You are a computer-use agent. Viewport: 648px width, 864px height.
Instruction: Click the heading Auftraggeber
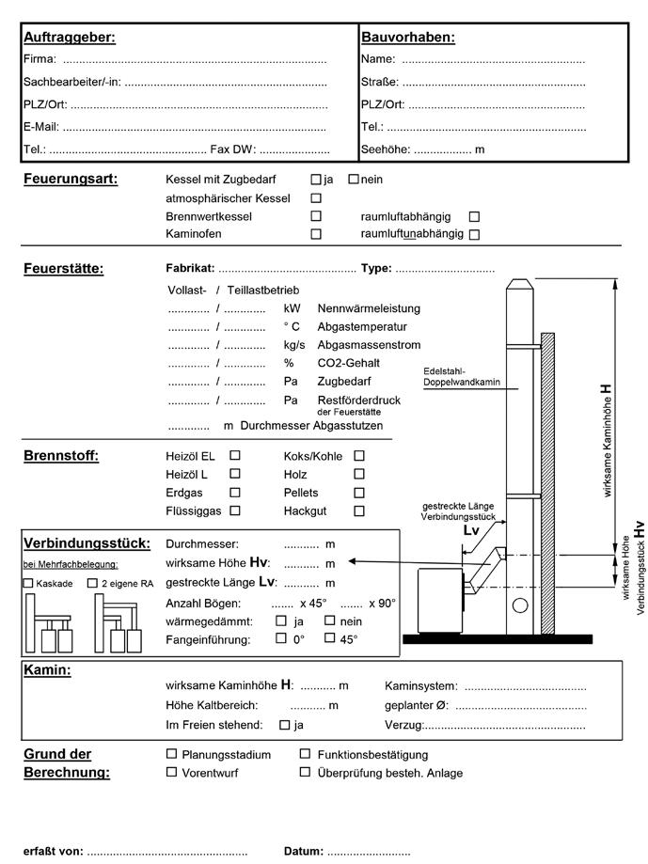[69, 38]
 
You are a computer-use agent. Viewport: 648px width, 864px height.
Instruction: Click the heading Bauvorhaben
[407, 38]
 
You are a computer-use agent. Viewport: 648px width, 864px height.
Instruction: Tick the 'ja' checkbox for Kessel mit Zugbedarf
[316, 180]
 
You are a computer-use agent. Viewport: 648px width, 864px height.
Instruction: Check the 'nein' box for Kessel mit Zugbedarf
[354, 180]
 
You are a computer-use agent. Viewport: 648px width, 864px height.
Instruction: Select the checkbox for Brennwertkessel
[316, 216]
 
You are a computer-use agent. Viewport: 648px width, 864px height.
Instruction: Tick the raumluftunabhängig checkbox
[474, 234]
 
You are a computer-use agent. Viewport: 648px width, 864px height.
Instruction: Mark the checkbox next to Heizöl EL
[235, 456]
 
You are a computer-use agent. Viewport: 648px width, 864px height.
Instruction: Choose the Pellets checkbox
[359, 493]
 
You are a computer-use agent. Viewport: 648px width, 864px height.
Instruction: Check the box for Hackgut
[359, 511]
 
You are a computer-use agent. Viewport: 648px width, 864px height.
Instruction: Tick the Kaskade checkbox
[28, 584]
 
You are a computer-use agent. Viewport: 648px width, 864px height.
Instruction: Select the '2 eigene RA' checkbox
[92, 584]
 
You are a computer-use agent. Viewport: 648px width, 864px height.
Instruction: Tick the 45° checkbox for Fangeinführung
[330, 639]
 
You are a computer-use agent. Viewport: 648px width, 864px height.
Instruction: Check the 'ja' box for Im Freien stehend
[284, 725]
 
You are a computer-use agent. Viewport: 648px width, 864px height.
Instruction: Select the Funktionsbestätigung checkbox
[306, 754]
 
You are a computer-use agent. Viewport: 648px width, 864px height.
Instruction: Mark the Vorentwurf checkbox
[171, 773]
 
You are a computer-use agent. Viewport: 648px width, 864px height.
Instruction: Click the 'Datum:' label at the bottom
[304, 852]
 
